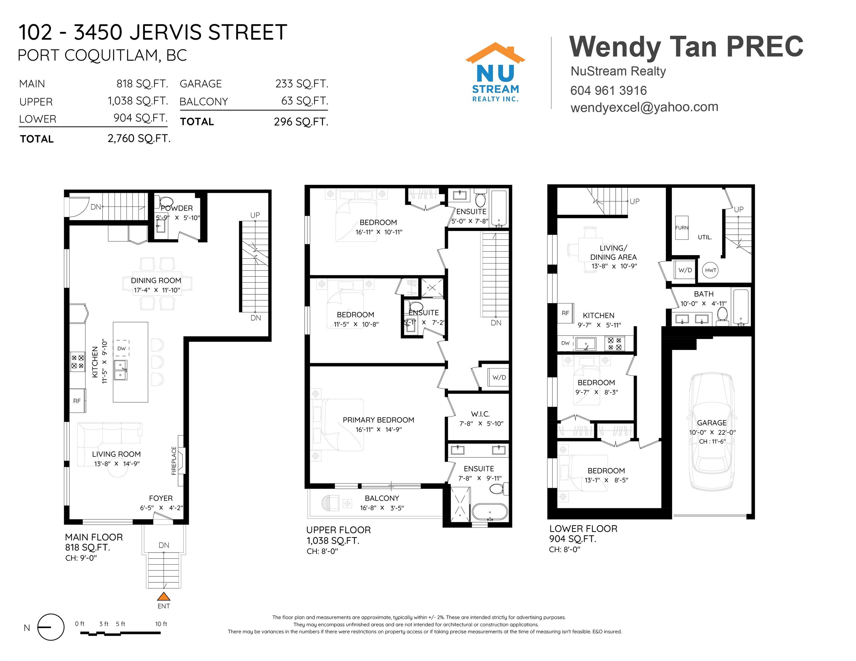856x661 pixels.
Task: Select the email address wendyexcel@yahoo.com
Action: (x=644, y=107)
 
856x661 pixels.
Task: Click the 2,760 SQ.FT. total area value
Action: (x=139, y=139)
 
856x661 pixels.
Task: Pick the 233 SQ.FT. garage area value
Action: (x=302, y=84)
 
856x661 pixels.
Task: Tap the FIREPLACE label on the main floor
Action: (x=174, y=461)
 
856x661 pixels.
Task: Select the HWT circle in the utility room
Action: (x=710, y=270)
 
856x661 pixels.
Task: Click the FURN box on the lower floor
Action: (x=682, y=228)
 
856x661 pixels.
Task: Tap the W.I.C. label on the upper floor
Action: (x=480, y=414)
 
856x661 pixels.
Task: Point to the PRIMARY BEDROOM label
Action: (x=378, y=420)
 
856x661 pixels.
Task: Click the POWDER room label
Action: (x=177, y=208)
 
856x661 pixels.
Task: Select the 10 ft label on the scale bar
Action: (x=161, y=624)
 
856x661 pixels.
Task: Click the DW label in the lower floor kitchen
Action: (x=565, y=343)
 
